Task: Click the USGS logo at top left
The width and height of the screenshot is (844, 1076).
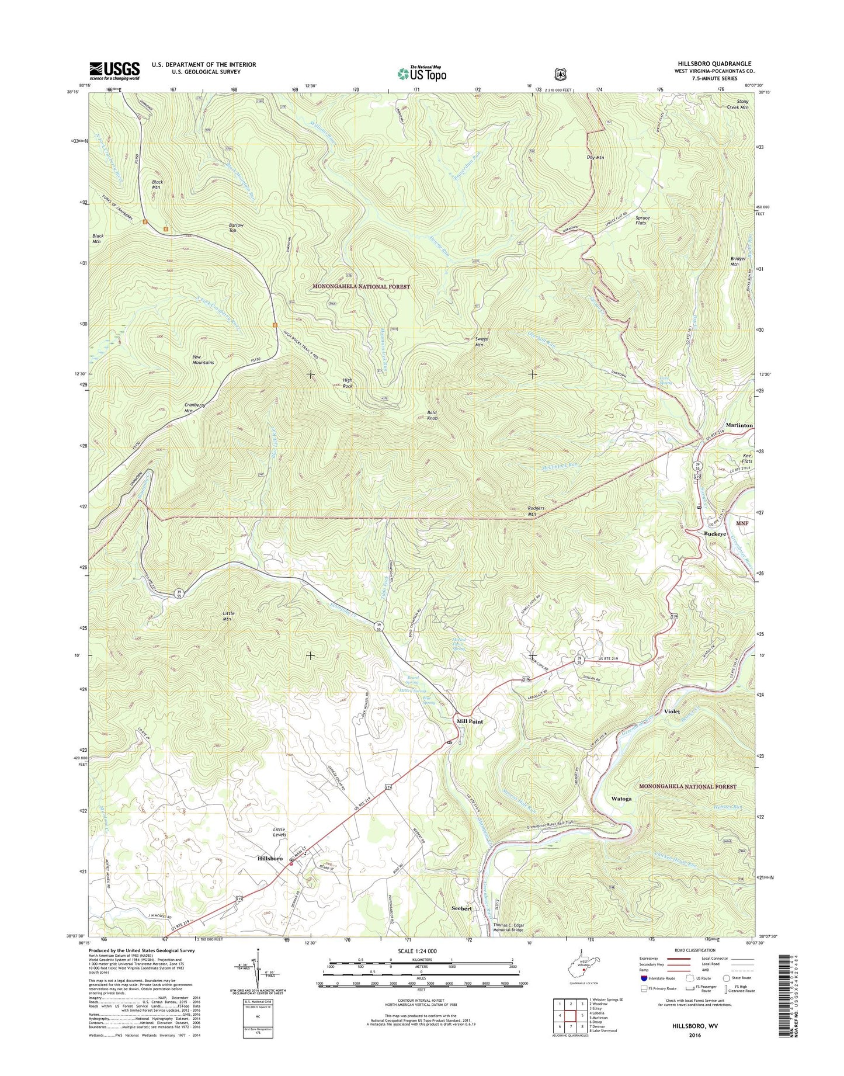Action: (x=114, y=70)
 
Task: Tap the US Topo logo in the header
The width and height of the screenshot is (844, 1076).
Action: (x=422, y=74)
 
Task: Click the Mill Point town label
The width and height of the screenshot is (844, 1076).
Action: (x=470, y=721)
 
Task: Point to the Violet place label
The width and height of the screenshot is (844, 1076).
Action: (x=672, y=712)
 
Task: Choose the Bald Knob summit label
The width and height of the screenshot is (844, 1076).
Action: (x=432, y=415)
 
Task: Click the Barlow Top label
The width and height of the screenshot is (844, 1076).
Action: (x=237, y=228)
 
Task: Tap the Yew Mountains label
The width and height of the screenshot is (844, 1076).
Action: (x=203, y=359)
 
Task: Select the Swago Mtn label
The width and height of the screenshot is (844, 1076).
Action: (x=482, y=342)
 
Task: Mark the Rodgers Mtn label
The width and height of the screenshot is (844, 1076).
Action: (x=536, y=511)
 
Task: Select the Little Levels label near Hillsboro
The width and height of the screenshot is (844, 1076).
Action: (x=279, y=832)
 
